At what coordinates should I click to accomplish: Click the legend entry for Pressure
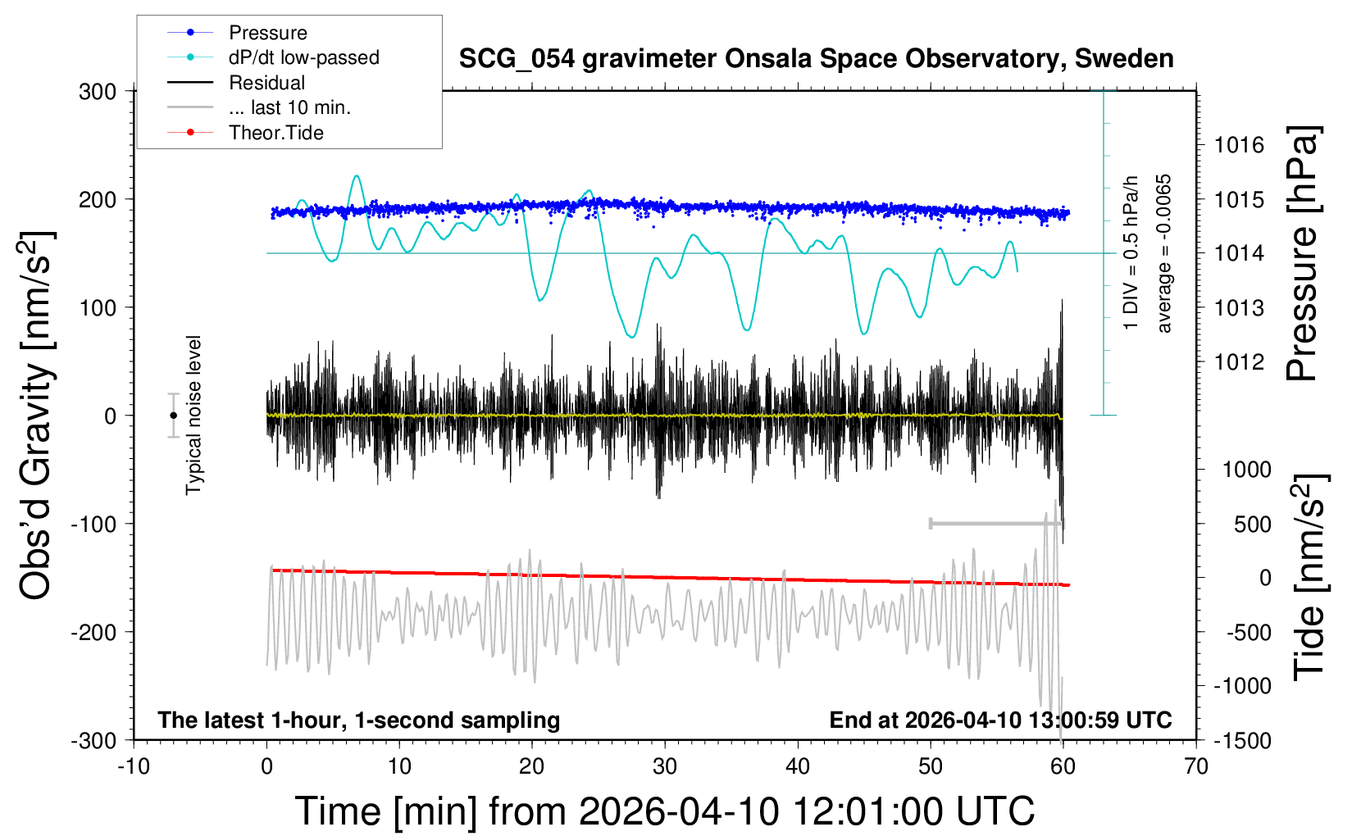pos(267,33)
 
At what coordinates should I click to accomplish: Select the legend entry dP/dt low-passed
pos(303,57)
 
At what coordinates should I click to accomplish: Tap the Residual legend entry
pos(266,83)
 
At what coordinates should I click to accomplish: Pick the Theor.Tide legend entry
pos(275,133)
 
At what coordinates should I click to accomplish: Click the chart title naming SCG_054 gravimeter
pos(816,59)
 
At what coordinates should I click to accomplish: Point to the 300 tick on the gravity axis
pos(98,91)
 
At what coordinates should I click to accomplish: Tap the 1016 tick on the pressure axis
pos(1239,145)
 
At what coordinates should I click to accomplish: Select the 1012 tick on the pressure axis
pos(1239,361)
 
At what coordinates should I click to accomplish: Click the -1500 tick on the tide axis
pos(1242,740)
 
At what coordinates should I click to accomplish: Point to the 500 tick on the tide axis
pos(1252,524)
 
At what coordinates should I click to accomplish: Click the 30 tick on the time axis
pos(665,766)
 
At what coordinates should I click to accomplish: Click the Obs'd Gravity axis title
pos(37,416)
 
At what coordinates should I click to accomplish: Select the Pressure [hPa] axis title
pos(1302,253)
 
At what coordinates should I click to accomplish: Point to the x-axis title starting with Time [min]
pos(665,811)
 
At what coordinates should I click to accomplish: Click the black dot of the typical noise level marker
pos(173,416)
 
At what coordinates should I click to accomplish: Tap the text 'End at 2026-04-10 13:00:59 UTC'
pos(1000,720)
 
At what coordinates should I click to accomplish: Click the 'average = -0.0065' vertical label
pos(1164,253)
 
